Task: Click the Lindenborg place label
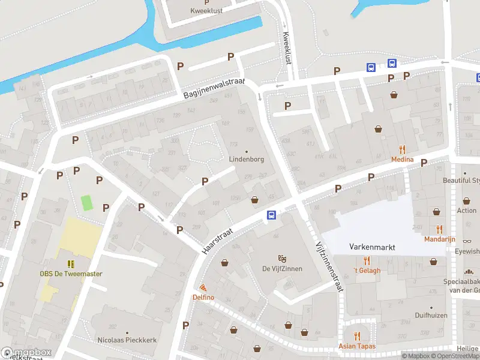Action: click(246, 160)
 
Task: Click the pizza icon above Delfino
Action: click(203, 288)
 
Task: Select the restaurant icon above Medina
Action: click(402, 150)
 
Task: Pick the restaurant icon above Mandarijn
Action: click(440, 229)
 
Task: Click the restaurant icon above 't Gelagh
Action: click(367, 260)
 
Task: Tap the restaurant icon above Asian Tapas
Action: click(358, 336)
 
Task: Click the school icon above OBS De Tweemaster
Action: click(71, 264)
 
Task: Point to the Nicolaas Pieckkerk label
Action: click(127, 340)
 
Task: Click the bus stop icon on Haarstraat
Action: click(271, 215)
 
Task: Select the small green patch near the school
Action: click(87, 203)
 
